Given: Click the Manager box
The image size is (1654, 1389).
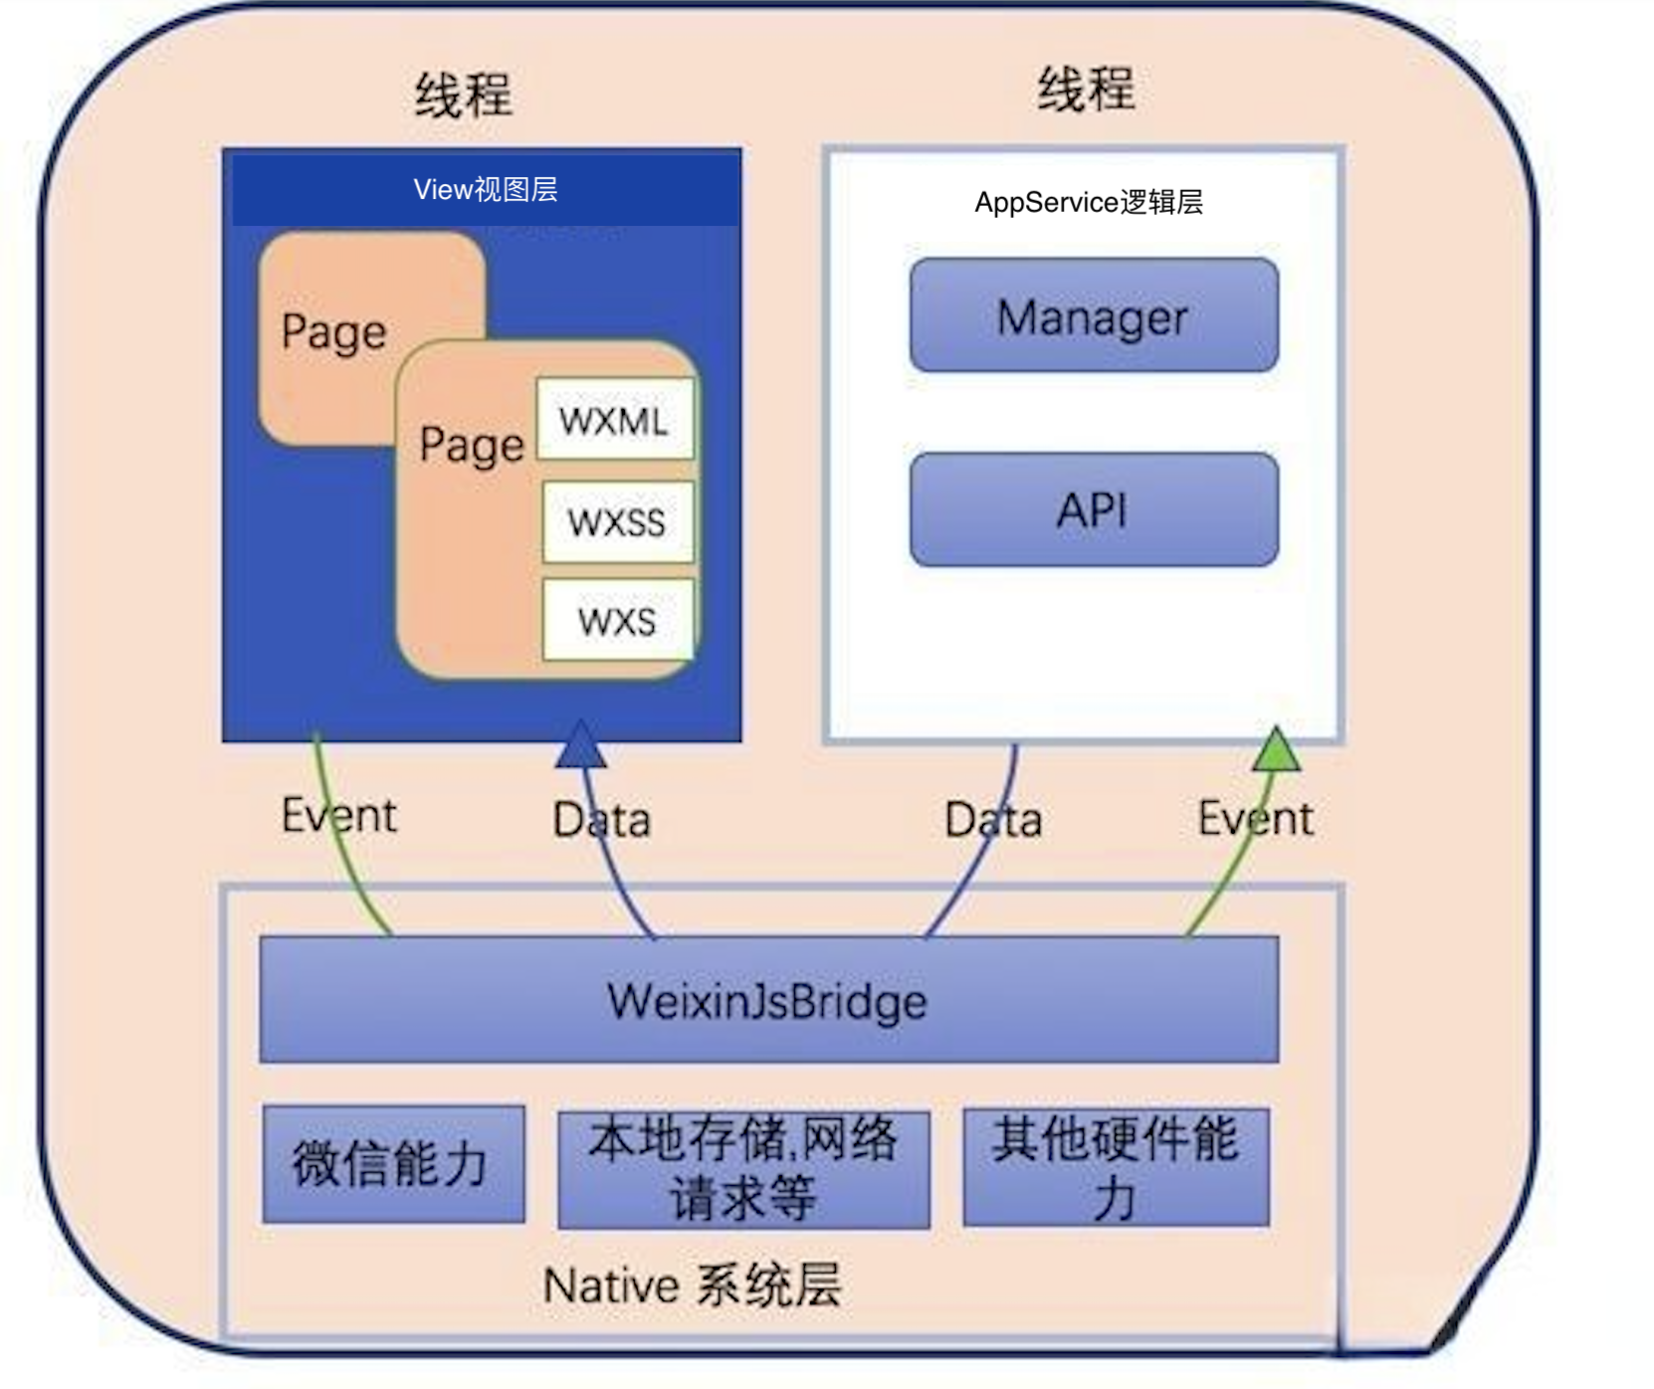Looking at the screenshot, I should tap(1093, 315).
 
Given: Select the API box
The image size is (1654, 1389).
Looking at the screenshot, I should tap(1093, 509).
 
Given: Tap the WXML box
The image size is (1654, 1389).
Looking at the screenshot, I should tap(614, 419).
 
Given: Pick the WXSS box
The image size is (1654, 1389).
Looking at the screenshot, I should tap(617, 522).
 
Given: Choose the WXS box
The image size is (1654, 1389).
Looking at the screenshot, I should tap(617, 621).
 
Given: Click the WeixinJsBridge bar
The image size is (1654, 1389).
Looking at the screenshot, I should tap(768, 1000).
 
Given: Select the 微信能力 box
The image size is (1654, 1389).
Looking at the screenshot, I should tap(393, 1163).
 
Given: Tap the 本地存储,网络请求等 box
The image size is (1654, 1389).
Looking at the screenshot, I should tap(743, 1168).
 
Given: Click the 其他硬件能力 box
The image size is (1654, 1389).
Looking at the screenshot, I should tap(1116, 1167).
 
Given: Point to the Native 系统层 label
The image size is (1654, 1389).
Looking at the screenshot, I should tap(692, 1286).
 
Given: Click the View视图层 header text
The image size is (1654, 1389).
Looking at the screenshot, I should tap(486, 189).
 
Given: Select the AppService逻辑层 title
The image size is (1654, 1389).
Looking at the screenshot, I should tap(1089, 202).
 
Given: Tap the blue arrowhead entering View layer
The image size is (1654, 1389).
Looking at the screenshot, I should tap(580, 744).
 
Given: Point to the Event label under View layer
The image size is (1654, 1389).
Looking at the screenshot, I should tap(338, 816).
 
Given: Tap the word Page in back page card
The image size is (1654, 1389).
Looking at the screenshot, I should tap(333, 331).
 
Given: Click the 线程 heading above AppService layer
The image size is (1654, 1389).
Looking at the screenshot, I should tap(1086, 90).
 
